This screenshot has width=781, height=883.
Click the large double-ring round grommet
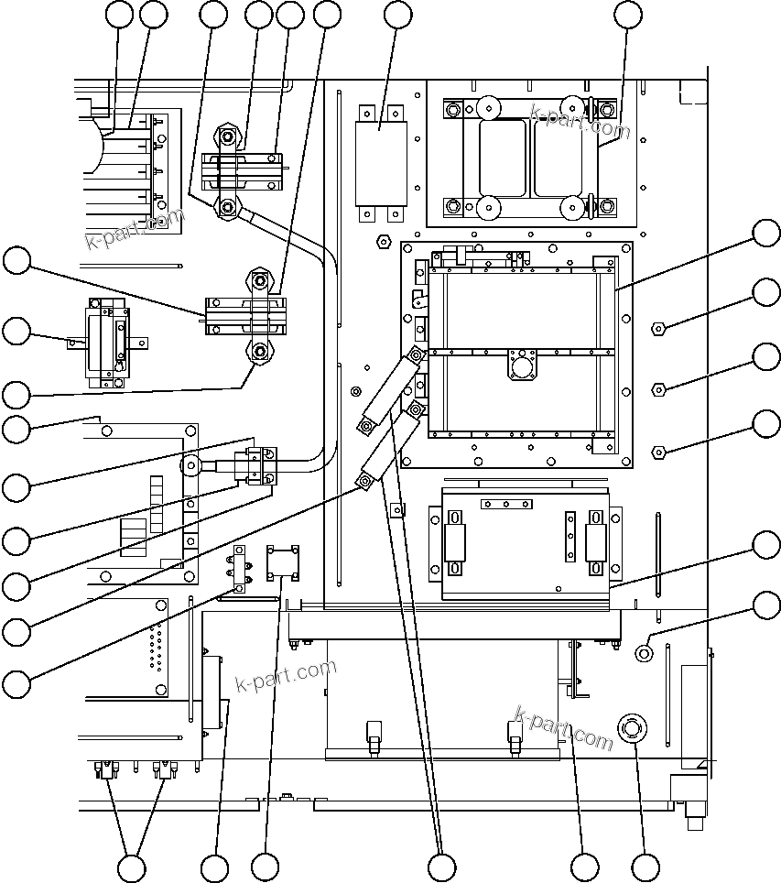(x=631, y=729)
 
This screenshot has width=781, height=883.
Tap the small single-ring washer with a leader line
(x=644, y=652)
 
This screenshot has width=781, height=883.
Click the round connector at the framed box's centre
(x=521, y=366)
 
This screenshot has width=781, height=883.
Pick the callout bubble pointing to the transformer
(x=628, y=14)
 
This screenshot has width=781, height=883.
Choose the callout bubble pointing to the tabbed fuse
(x=397, y=14)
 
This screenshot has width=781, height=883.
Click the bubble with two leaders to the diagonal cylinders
(x=441, y=867)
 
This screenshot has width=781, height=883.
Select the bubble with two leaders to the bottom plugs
(x=132, y=867)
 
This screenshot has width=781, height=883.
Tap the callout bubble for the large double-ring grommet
(x=645, y=867)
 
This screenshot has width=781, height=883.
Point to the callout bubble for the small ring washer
(x=767, y=605)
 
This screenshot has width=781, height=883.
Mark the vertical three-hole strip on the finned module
(x=570, y=537)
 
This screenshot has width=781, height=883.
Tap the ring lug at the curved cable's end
(x=191, y=465)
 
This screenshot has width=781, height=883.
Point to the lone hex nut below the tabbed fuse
(x=383, y=243)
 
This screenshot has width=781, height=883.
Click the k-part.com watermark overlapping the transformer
(x=580, y=122)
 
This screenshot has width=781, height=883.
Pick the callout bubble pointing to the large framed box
(x=767, y=233)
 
